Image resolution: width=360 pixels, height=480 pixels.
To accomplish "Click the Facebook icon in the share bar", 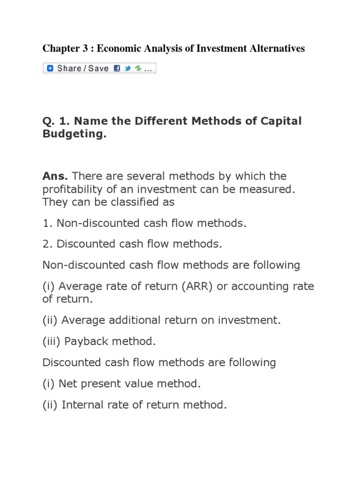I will [117, 68].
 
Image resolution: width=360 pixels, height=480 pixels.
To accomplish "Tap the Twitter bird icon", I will [127, 68].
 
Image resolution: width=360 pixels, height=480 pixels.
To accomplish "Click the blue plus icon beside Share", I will [50, 68].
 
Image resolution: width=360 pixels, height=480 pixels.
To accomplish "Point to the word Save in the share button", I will [98, 68].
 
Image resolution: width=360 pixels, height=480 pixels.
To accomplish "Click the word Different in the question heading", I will [152, 121].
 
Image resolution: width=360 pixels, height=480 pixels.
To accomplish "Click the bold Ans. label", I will [55, 176].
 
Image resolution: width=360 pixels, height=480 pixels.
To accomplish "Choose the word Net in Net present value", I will [68, 384].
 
